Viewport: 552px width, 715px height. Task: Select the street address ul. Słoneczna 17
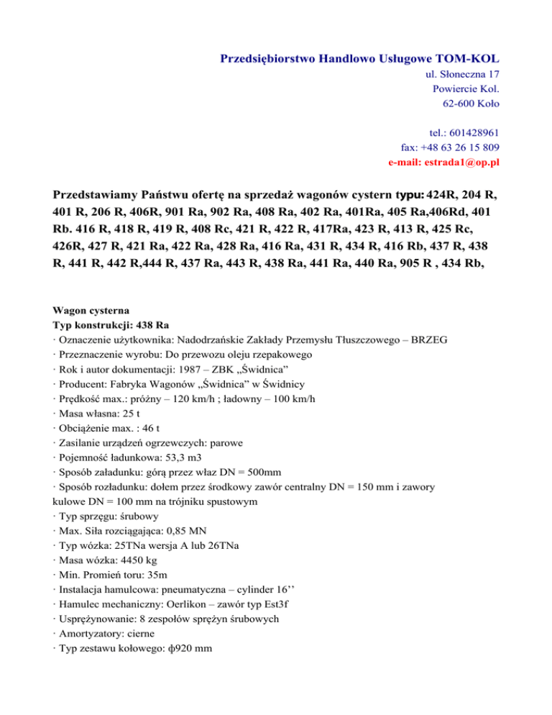(x=458, y=74)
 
